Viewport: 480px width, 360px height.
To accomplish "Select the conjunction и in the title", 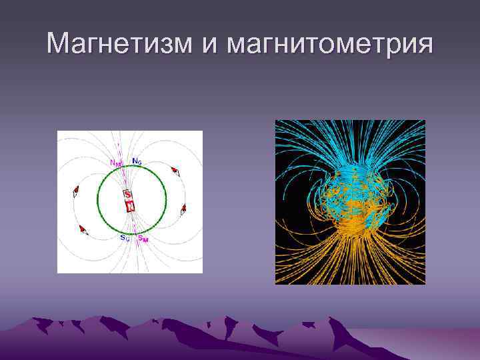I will click(x=209, y=45).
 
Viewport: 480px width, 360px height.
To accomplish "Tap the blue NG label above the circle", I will click(x=137, y=161).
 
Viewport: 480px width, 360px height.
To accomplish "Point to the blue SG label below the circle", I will click(x=125, y=237).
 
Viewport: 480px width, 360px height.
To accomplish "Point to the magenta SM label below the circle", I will click(x=143, y=238).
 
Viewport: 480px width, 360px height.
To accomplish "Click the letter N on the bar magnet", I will click(x=131, y=206).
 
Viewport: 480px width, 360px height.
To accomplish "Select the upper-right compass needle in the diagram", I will click(x=176, y=171).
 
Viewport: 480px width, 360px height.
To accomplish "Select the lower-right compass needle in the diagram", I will click(x=183, y=209).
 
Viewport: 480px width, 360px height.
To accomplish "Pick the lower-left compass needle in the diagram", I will click(x=83, y=230).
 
